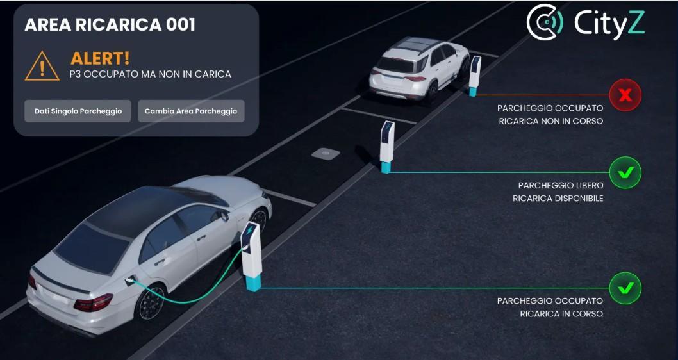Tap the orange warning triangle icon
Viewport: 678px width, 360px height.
[x=42, y=66]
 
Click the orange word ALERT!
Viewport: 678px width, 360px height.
[x=100, y=58]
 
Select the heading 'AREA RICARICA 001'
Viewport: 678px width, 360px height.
[x=110, y=25]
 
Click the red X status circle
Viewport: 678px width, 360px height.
[x=625, y=95]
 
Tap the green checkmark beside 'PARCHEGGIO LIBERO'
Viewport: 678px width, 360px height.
[x=625, y=172]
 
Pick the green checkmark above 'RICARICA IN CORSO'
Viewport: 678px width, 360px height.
[x=625, y=288]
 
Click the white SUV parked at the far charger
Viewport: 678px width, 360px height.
[x=418, y=68]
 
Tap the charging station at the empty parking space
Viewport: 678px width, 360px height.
[x=386, y=146]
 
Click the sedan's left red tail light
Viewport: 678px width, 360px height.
[x=93, y=301]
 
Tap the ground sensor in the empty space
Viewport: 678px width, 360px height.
[x=325, y=154]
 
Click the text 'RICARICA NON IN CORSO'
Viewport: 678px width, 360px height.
[x=550, y=121]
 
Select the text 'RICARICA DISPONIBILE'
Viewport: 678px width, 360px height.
[x=558, y=199]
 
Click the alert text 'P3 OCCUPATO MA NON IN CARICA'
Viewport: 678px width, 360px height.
[x=150, y=74]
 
